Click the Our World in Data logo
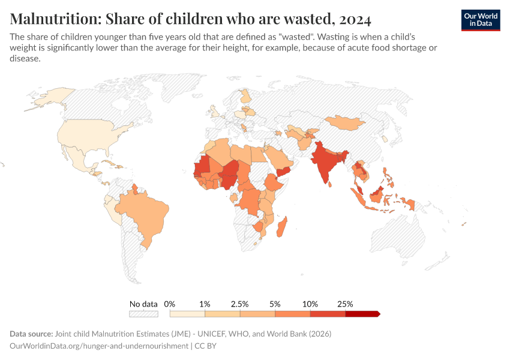[480, 20]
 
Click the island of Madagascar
[283, 229]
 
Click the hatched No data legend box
[143, 314]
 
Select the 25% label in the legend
[345, 304]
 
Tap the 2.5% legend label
[240, 304]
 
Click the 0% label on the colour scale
[170, 304]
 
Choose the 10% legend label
[310, 304]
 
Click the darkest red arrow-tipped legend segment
[362, 314]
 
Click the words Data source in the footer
[31, 334]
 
